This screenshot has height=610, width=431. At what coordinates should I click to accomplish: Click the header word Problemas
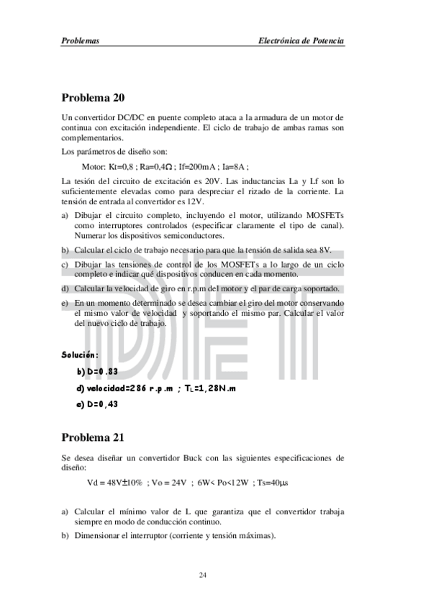80,42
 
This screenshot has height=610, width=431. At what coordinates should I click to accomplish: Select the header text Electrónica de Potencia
301,42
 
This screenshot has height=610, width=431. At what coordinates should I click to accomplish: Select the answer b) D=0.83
97,371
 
